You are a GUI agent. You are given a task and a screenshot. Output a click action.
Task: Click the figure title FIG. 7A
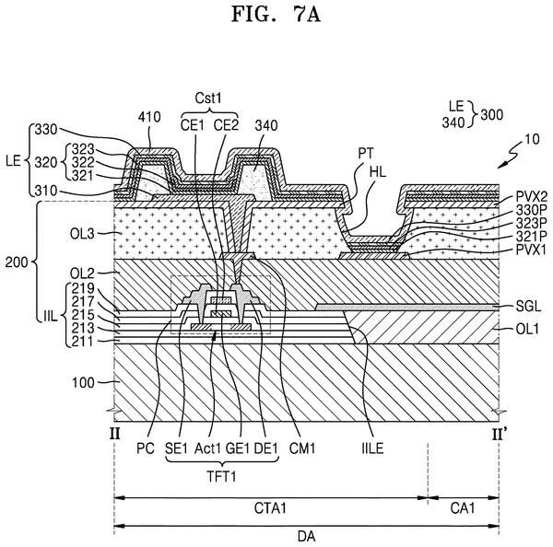pyautogui.click(x=276, y=15)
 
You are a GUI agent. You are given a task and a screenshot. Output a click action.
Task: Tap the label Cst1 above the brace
pyautogui.click(x=208, y=98)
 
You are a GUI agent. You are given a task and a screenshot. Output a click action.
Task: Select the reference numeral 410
pyautogui.click(x=149, y=117)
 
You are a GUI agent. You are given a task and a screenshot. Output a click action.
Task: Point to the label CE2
pyautogui.click(x=227, y=125)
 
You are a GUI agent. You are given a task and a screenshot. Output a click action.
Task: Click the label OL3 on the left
pyautogui.click(x=82, y=234)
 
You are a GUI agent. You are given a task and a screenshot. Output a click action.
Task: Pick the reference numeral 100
pyautogui.click(x=83, y=383)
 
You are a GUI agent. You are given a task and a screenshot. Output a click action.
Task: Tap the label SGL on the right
pyautogui.click(x=528, y=307)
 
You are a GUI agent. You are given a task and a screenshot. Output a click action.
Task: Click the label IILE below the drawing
pyautogui.click(x=372, y=448)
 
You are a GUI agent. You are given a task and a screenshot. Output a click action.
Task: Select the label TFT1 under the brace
pyautogui.click(x=221, y=476)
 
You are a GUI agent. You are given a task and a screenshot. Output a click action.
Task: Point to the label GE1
pyautogui.click(x=238, y=448)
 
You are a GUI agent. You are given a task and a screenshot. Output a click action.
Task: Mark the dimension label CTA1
pyautogui.click(x=270, y=508)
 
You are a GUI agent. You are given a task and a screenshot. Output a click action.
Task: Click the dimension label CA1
pyautogui.click(x=463, y=508)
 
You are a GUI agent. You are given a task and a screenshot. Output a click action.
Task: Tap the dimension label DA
pyautogui.click(x=307, y=537)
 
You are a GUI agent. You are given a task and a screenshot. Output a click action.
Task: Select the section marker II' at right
pyautogui.click(x=500, y=435)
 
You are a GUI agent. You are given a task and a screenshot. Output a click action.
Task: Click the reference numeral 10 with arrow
pyautogui.click(x=532, y=139)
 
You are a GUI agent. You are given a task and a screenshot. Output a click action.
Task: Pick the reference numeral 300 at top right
pyautogui.click(x=491, y=115)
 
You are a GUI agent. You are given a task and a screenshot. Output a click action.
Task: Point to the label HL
pyautogui.click(x=378, y=172)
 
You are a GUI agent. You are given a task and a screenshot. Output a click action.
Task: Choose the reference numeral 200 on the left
pyautogui.click(x=17, y=262)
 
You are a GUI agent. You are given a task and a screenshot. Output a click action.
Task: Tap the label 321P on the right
pyautogui.click(x=531, y=236)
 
